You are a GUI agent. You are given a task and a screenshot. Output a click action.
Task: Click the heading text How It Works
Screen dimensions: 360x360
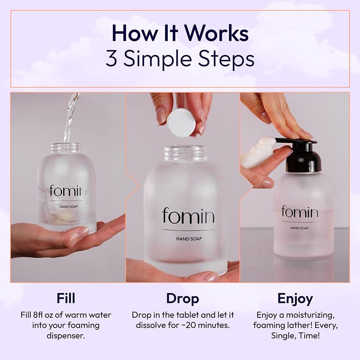pos(180,34)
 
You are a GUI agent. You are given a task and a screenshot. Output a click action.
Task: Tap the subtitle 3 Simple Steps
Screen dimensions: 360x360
pos(180,58)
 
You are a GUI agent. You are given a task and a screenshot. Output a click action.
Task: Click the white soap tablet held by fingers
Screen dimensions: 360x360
pos(181,123)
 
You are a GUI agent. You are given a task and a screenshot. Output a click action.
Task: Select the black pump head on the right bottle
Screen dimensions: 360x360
pos(303,156)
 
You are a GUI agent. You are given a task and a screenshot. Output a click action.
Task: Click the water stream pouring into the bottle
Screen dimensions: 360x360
pos(70,118)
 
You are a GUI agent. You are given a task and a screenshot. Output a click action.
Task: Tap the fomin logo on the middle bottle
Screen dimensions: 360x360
pos(188,216)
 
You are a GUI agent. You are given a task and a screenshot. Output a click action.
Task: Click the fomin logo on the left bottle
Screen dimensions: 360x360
pos(68,191)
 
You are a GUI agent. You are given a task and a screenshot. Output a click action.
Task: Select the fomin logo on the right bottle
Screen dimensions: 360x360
pos(299,212)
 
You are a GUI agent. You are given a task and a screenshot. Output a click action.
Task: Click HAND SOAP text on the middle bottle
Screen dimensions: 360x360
pos(188,238)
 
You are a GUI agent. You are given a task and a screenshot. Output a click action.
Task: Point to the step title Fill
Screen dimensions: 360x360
pos(66,298)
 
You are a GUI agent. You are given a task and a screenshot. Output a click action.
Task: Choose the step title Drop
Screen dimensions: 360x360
pos(182,298)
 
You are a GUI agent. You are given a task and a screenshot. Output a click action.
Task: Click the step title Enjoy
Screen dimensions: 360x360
pos(295,298)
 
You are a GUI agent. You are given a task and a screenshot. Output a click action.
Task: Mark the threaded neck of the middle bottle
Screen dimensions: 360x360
pos(185,153)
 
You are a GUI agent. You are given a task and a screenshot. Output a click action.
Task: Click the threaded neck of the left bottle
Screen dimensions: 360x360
pos(66,148)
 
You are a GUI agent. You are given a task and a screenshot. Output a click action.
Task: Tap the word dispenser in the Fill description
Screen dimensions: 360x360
pos(66,336)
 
